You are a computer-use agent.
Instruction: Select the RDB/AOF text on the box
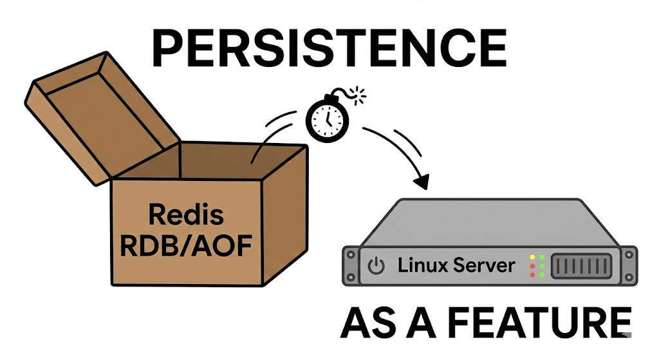coord(186,245)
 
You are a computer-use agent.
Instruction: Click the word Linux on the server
coord(422,265)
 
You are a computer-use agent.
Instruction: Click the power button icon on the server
coord(376,266)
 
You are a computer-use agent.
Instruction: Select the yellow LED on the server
coord(532,257)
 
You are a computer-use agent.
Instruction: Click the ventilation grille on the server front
coord(581,266)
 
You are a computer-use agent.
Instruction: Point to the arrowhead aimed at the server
coord(422,182)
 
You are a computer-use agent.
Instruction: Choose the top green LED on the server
coord(542,257)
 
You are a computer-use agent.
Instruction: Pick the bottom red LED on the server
coord(532,275)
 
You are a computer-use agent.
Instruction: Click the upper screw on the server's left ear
coord(351,255)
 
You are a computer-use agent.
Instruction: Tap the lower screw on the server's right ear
coord(629,277)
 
